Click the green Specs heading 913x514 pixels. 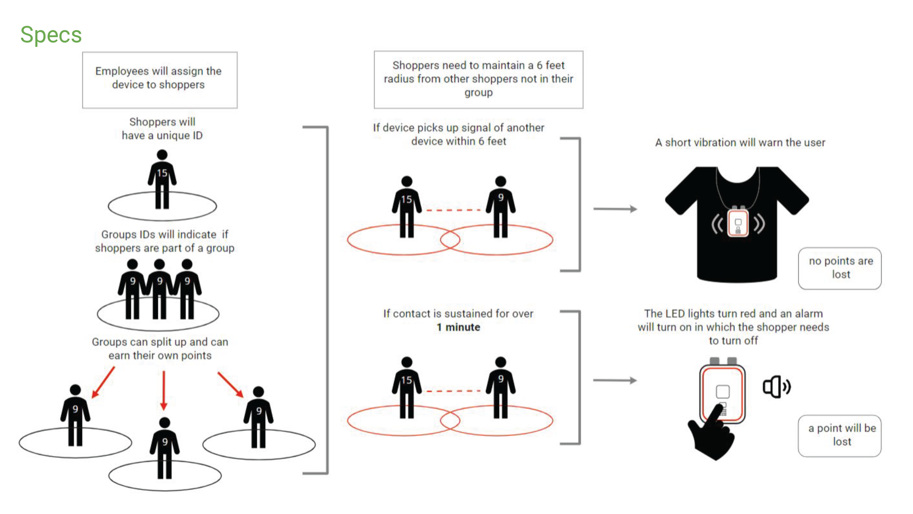(x=51, y=35)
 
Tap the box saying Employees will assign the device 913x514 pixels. (x=160, y=80)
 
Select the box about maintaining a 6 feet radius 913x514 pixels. (x=478, y=79)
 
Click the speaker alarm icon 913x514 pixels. (x=776, y=387)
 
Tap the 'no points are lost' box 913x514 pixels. (x=839, y=268)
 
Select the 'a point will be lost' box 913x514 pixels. (x=839, y=435)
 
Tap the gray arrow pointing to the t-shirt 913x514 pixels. (x=615, y=209)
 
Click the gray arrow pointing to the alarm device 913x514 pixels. (x=615, y=380)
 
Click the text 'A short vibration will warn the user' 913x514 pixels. (x=740, y=142)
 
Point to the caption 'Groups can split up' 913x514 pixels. (x=160, y=348)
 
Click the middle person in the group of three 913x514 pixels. (x=160, y=288)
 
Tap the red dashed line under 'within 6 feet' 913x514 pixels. (x=453, y=210)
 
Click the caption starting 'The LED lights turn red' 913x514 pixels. (x=733, y=327)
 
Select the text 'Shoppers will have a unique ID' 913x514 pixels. (x=162, y=128)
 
